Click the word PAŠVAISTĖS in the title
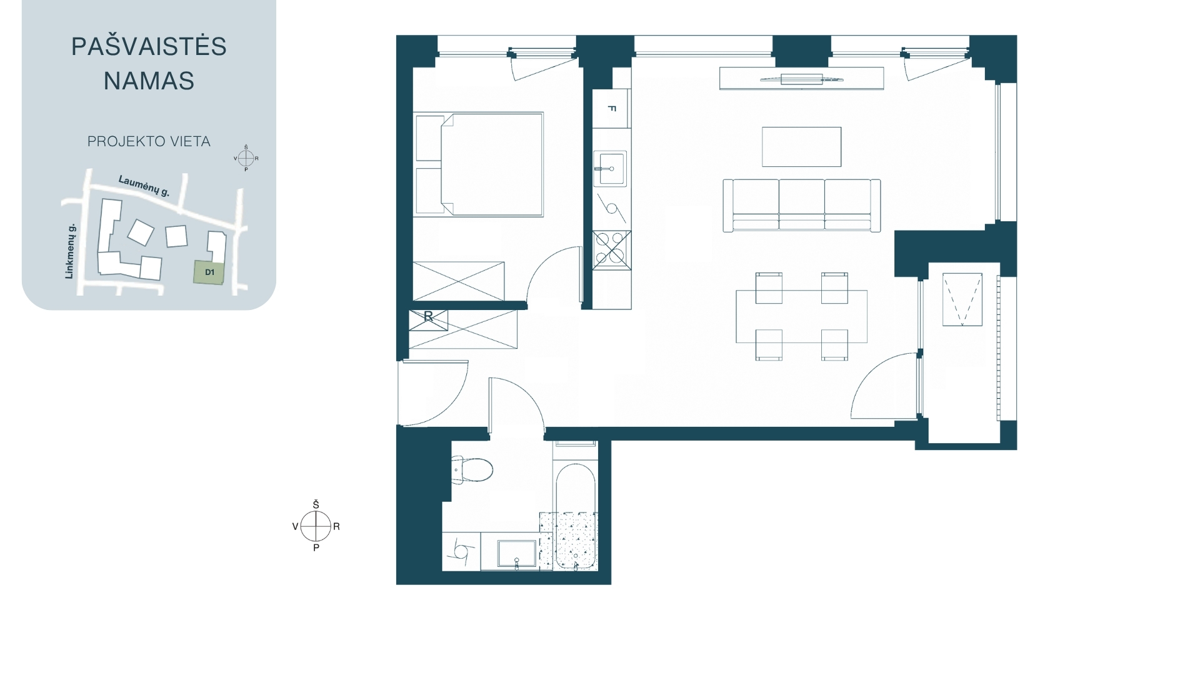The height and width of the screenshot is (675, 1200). pyautogui.click(x=149, y=46)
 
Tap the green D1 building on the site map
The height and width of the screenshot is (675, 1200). pyautogui.click(x=209, y=272)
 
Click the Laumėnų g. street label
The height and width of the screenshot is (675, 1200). pyautogui.click(x=144, y=186)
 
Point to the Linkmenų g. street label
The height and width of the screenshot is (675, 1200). pyautogui.click(x=70, y=251)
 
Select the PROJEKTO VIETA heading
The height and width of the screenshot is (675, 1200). pyautogui.click(x=149, y=141)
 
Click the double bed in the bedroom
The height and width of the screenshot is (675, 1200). pyautogui.click(x=478, y=164)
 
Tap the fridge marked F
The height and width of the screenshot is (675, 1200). pyautogui.click(x=611, y=108)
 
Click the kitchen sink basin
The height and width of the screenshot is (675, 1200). pyautogui.click(x=609, y=169)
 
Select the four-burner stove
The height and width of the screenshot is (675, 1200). pyautogui.click(x=611, y=249)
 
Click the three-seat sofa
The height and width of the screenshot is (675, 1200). pyautogui.click(x=802, y=206)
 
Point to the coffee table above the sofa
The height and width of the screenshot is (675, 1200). pyautogui.click(x=801, y=147)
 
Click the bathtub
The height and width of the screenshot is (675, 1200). pyautogui.click(x=576, y=516)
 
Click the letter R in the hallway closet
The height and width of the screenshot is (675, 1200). pyautogui.click(x=428, y=317)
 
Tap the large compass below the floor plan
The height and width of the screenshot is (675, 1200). pyautogui.click(x=316, y=526)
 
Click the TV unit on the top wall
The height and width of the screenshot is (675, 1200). pyautogui.click(x=801, y=79)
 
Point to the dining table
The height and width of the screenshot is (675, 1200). pyautogui.click(x=801, y=316)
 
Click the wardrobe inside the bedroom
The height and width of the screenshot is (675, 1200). pyautogui.click(x=458, y=281)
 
